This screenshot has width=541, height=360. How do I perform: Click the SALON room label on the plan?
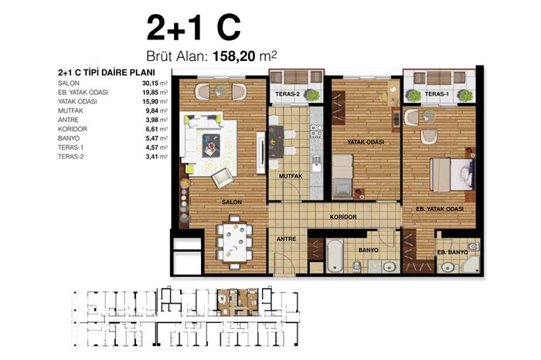232,202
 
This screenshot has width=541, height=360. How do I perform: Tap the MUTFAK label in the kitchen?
291,176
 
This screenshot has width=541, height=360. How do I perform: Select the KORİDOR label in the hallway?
343,217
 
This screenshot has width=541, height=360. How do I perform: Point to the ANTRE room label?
287,239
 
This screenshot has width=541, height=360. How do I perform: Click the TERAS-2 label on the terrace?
288,93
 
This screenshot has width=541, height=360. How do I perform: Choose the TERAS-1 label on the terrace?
437,93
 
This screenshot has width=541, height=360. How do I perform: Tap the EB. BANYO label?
452,252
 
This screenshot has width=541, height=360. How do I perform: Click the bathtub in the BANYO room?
335,256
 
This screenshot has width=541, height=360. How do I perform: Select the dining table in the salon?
235,242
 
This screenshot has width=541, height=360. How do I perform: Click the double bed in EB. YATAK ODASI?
451,175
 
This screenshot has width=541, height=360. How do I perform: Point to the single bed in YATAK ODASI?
342,176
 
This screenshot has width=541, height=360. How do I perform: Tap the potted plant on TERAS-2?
312,95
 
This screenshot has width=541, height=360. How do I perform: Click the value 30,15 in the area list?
149,83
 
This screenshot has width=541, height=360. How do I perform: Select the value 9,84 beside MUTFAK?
151,110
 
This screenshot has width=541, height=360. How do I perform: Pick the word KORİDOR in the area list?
73,129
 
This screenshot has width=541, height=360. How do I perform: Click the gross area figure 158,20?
234,56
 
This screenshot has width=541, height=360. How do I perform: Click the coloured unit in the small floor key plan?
237,302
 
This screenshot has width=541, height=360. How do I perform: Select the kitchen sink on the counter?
316,165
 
